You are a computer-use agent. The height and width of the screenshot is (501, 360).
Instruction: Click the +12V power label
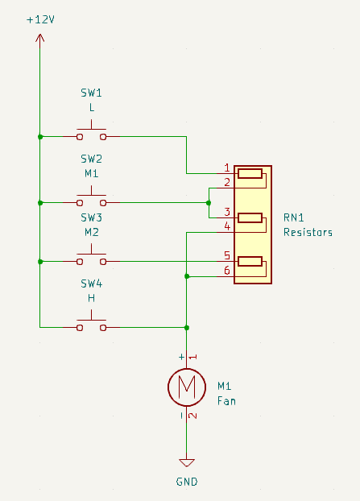[x=40, y=20]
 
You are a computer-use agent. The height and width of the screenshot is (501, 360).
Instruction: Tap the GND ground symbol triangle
[x=187, y=462]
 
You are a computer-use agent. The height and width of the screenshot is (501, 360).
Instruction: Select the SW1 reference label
[x=91, y=93]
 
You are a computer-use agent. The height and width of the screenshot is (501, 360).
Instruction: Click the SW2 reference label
[x=91, y=159]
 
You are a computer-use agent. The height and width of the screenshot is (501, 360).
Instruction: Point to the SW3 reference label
[x=91, y=217]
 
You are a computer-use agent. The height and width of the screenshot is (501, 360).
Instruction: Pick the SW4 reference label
[x=91, y=284]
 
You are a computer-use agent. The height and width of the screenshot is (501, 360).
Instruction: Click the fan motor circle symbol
[x=187, y=370]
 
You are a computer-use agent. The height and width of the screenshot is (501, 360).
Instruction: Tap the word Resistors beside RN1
[x=308, y=232]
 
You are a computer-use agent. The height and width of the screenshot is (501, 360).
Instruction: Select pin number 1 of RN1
[x=227, y=168]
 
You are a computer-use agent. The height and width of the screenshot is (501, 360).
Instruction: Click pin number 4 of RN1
[x=227, y=226]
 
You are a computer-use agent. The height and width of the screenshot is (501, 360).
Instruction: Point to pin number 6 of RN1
[x=227, y=271]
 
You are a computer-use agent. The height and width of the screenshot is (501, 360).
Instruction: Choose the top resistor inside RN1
[x=250, y=174]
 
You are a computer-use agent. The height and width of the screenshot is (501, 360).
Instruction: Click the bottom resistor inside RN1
[x=250, y=261]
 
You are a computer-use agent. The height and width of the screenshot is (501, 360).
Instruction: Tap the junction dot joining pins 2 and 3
[x=209, y=203]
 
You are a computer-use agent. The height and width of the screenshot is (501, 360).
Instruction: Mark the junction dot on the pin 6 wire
[x=187, y=276]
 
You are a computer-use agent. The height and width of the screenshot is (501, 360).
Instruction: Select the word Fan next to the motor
[x=226, y=401]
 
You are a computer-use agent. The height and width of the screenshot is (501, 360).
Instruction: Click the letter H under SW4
[x=91, y=298]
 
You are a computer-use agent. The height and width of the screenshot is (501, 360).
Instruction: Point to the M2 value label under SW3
[x=91, y=232]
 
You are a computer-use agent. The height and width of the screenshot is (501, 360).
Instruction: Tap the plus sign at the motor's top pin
[x=181, y=357]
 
